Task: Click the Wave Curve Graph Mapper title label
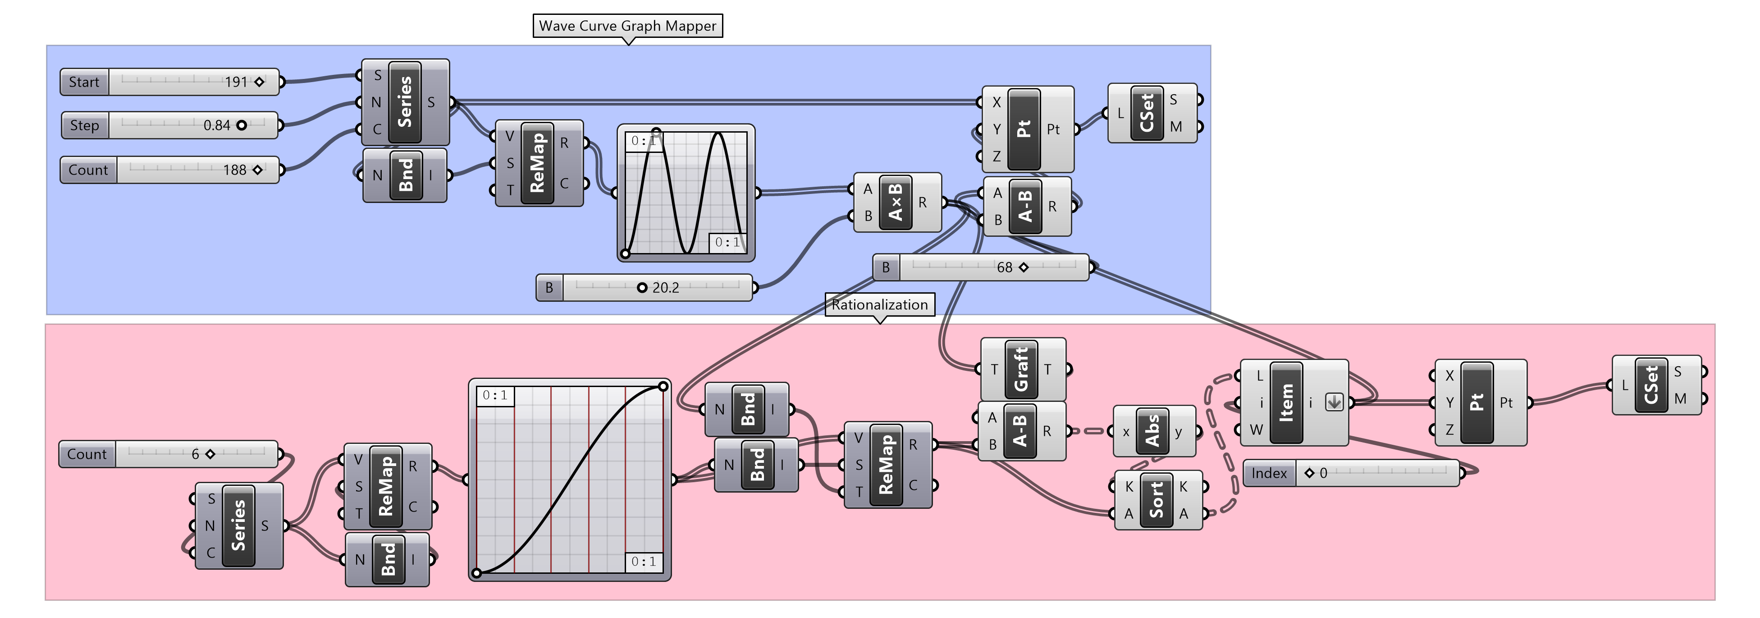(x=628, y=26)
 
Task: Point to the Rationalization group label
(x=880, y=305)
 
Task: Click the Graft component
(x=1023, y=369)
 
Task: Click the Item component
(x=1294, y=403)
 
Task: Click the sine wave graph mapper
(x=686, y=193)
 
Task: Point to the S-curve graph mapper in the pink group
(x=570, y=480)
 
